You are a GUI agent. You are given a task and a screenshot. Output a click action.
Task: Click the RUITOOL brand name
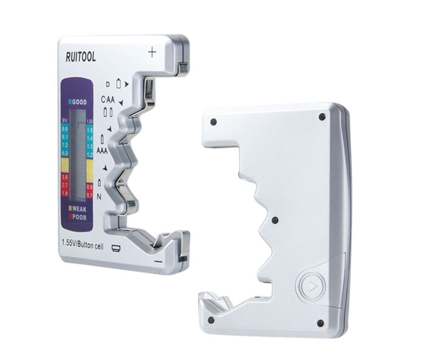81,57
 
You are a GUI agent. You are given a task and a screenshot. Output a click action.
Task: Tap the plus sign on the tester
152,53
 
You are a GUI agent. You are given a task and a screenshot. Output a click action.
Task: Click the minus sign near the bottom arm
158,261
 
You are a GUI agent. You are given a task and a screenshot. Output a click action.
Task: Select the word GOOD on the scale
79,102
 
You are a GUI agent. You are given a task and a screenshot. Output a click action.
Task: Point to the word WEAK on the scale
79,209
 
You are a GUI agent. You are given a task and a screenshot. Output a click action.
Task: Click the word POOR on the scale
79,217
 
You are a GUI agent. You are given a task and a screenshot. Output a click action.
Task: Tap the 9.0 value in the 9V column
66,129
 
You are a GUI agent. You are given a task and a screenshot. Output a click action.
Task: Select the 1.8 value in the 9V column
66,193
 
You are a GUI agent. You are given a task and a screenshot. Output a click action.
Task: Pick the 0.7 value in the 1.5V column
89,194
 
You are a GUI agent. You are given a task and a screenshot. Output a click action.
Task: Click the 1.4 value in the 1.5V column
89,138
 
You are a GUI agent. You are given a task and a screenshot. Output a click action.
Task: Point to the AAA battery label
102,151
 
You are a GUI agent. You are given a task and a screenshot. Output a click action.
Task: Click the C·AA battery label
108,100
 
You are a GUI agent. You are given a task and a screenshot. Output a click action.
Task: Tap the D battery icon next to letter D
119,83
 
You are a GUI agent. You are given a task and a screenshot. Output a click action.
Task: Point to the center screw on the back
275,220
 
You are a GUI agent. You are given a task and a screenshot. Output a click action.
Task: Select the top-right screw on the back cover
322,117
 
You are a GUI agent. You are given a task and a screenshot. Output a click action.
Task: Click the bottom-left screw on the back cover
211,320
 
